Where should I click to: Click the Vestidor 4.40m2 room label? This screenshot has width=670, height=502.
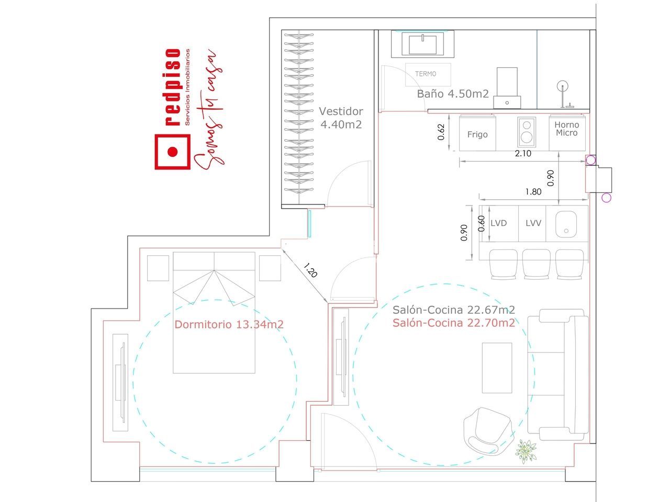(341, 118)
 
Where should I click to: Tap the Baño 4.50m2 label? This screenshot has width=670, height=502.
(453, 94)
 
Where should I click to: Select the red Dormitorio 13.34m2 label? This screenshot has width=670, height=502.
(229, 324)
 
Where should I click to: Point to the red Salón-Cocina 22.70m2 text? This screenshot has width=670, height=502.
(454, 323)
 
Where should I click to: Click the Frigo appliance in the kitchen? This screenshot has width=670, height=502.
(477, 133)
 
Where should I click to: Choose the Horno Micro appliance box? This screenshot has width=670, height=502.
(567, 133)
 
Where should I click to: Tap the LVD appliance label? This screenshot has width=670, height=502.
(498, 223)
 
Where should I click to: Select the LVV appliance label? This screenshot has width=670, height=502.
(533, 223)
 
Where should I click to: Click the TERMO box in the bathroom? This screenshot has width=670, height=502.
(428, 75)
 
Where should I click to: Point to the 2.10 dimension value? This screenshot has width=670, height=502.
(523, 154)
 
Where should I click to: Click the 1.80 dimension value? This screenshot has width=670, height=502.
(533, 192)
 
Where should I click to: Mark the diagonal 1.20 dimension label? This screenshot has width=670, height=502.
(310, 270)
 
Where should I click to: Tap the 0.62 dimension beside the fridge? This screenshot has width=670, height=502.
(441, 132)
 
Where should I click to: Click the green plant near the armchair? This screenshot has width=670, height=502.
(526, 451)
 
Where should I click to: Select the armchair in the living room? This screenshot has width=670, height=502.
(487, 431)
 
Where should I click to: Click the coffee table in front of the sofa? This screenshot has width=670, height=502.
(497, 368)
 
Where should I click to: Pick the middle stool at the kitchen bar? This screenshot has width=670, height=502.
(536, 264)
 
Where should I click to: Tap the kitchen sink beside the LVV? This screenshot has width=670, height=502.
(566, 224)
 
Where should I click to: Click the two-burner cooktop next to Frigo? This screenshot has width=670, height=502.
(527, 132)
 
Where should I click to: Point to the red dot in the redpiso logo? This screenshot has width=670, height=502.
(173, 152)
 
